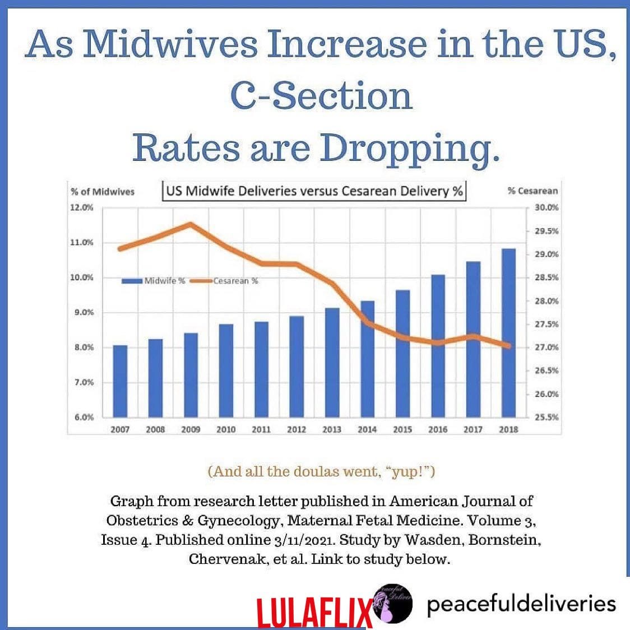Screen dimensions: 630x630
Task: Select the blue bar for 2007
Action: pos(120,381)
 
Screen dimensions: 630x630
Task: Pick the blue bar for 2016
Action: pos(438,346)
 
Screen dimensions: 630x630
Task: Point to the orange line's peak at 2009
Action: pos(191,224)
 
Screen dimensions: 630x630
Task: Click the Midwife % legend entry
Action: pos(154,281)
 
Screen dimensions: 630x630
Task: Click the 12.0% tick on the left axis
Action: pos(82,208)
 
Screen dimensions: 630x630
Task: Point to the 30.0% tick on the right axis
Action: pos(547,207)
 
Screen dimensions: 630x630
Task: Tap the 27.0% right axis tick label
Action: pos(547,348)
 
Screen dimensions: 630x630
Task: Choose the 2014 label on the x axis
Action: pos(367,430)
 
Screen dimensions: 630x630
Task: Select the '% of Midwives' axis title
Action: pos(103,192)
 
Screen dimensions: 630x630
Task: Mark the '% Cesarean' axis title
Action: pos(532,191)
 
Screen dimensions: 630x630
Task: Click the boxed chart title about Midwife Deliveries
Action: pos(314,191)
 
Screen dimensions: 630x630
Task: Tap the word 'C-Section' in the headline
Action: pos(321,97)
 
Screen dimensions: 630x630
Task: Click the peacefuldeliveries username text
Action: pos(521,604)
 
